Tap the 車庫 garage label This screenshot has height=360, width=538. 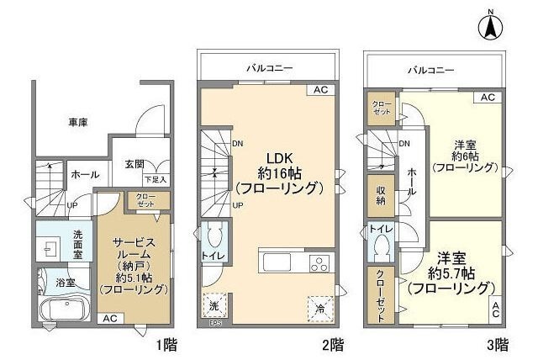79,122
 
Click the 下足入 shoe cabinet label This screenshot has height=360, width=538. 155,180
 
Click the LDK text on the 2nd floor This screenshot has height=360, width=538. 280,159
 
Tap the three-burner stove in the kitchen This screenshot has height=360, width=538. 321,262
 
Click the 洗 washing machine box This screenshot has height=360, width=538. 214,306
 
